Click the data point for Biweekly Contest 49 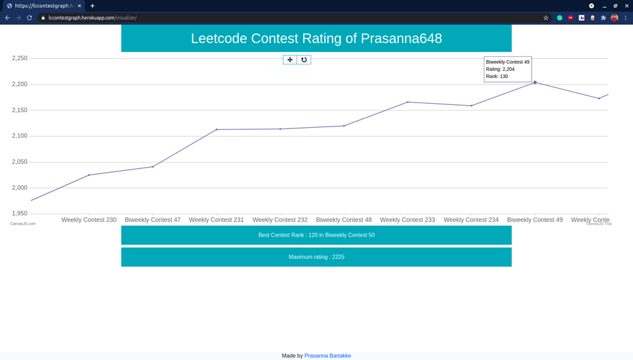tap(535, 82)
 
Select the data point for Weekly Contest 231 tap(216, 130)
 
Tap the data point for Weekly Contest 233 tap(408, 102)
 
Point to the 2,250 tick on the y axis tap(20, 58)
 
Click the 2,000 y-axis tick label tap(20, 188)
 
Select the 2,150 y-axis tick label tap(20, 110)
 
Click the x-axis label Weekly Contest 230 tap(89, 220)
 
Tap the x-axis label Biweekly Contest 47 tap(153, 220)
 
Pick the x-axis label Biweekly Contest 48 tap(344, 220)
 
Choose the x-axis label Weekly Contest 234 tap(471, 220)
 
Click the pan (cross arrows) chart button tap(290, 59)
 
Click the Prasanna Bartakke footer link tap(327, 356)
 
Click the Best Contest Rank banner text tap(316, 235)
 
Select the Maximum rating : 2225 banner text tap(316, 257)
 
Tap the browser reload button tap(29, 18)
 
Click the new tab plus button tap(92, 6)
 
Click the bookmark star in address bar tap(546, 18)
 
